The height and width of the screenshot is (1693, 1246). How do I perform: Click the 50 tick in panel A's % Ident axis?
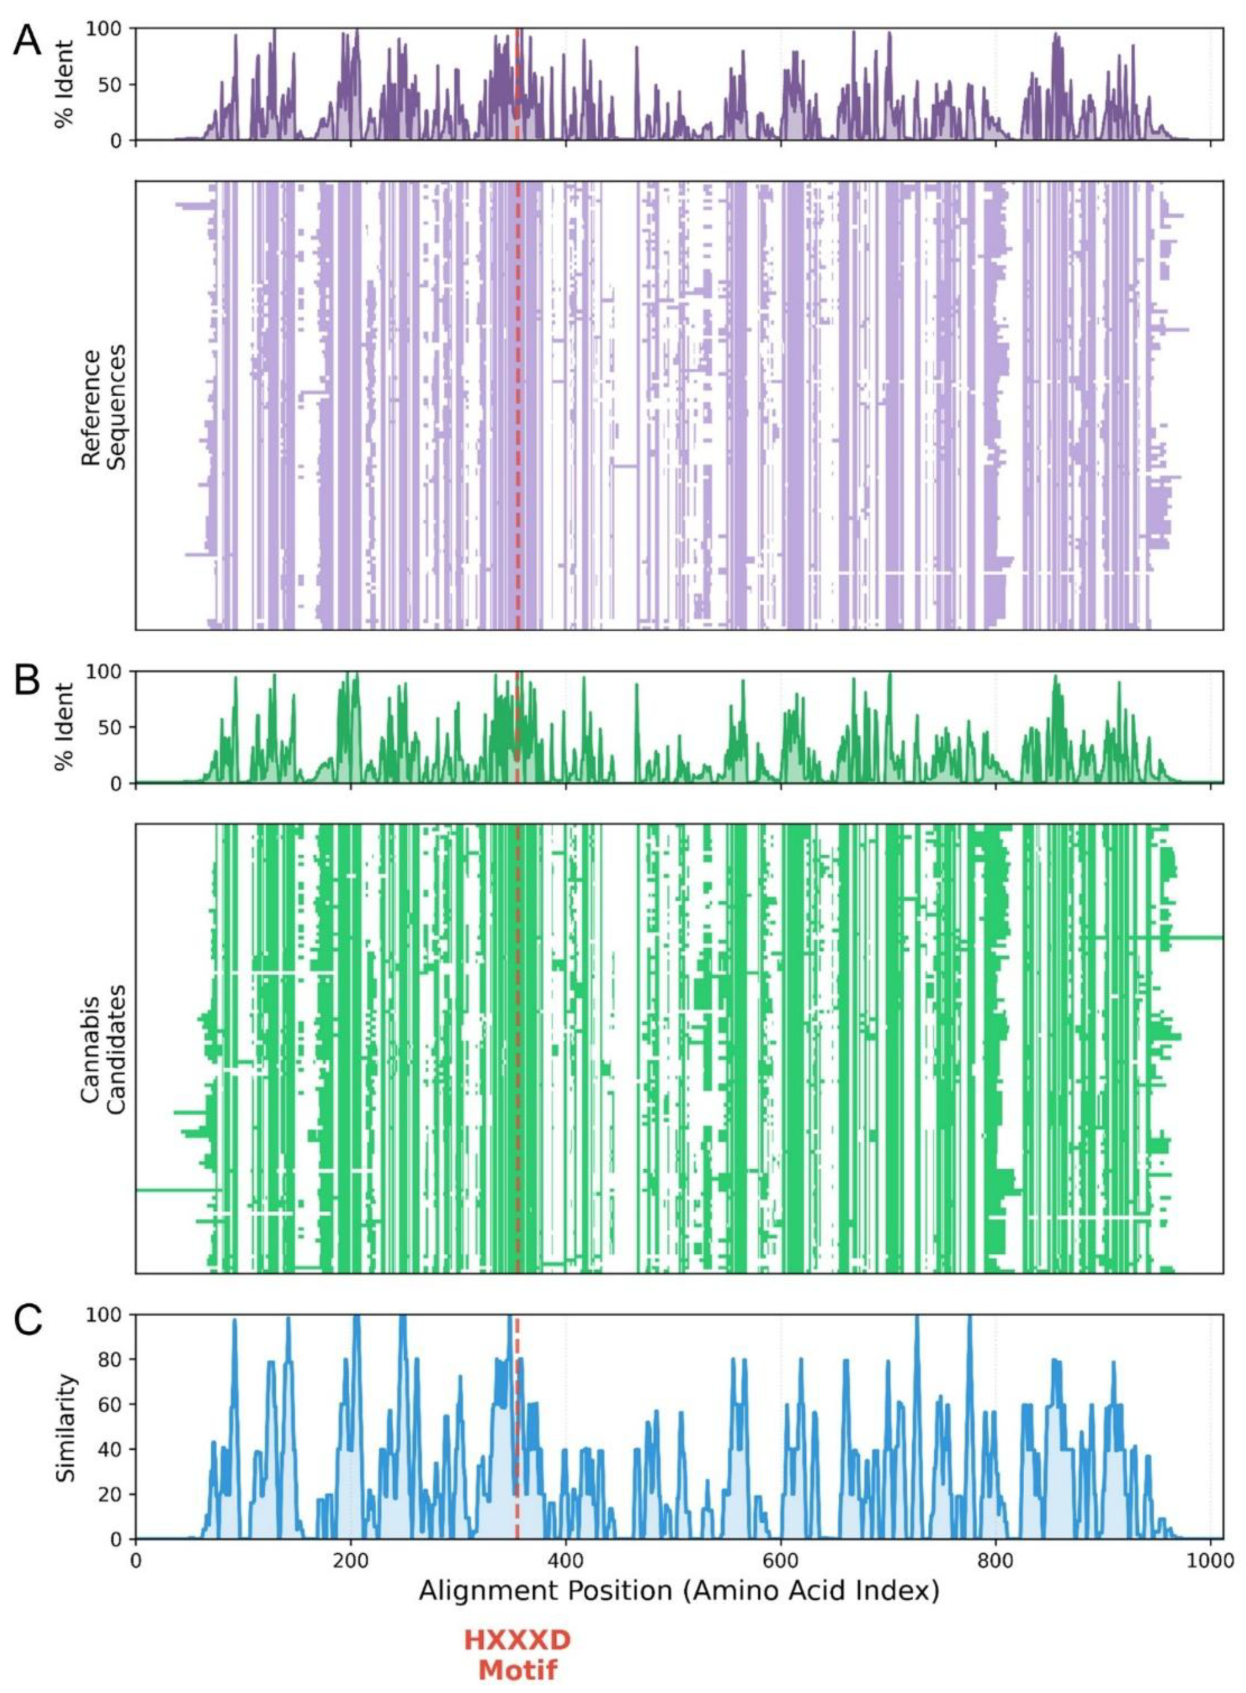click(114, 85)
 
